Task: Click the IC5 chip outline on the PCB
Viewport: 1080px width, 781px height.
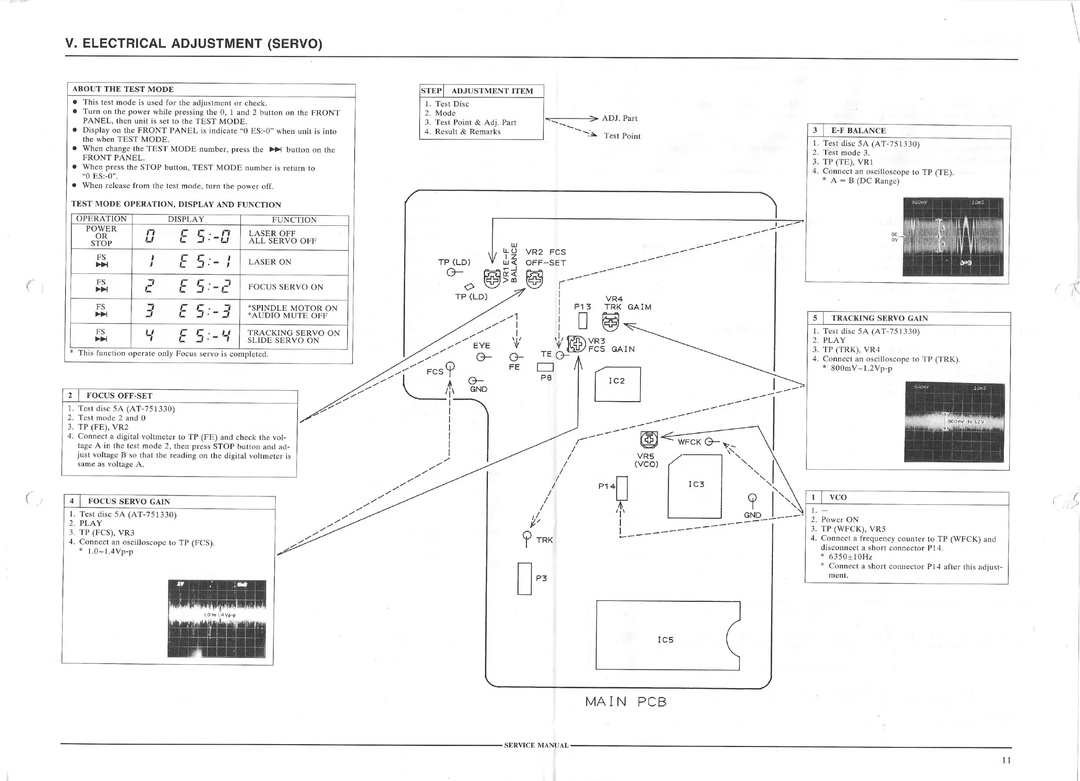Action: pyautogui.click(x=666, y=636)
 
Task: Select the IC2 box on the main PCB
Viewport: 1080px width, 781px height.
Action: pyautogui.click(x=617, y=384)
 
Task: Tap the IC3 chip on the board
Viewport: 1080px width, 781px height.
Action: pyautogui.click(x=695, y=486)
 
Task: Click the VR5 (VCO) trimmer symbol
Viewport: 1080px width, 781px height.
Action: pyautogui.click(x=649, y=439)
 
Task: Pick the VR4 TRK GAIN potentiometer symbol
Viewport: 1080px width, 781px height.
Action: pyautogui.click(x=610, y=323)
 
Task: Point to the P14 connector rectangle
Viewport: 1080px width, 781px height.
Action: pyautogui.click(x=621, y=488)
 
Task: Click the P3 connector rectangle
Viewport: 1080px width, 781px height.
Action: pyautogui.click(x=524, y=579)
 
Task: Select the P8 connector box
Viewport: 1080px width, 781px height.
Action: pyautogui.click(x=545, y=367)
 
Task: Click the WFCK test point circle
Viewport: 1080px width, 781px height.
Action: pyautogui.click(x=708, y=442)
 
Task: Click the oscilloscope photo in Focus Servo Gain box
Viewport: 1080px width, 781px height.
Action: pyautogui.click(x=217, y=619)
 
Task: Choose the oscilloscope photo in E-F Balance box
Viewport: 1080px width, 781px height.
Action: pyautogui.click(x=953, y=237)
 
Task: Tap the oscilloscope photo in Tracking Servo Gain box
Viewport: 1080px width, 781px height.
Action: pyautogui.click(x=954, y=422)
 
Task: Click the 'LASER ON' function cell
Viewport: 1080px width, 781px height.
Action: pyautogui.click(x=294, y=262)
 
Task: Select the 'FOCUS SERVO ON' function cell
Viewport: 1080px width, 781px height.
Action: pyautogui.click(x=294, y=287)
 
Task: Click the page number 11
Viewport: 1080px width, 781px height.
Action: pyautogui.click(x=1006, y=760)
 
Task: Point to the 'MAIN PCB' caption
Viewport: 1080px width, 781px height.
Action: pyautogui.click(x=626, y=702)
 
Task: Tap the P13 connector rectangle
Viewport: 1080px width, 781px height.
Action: pyautogui.click(x=582, y=321)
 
